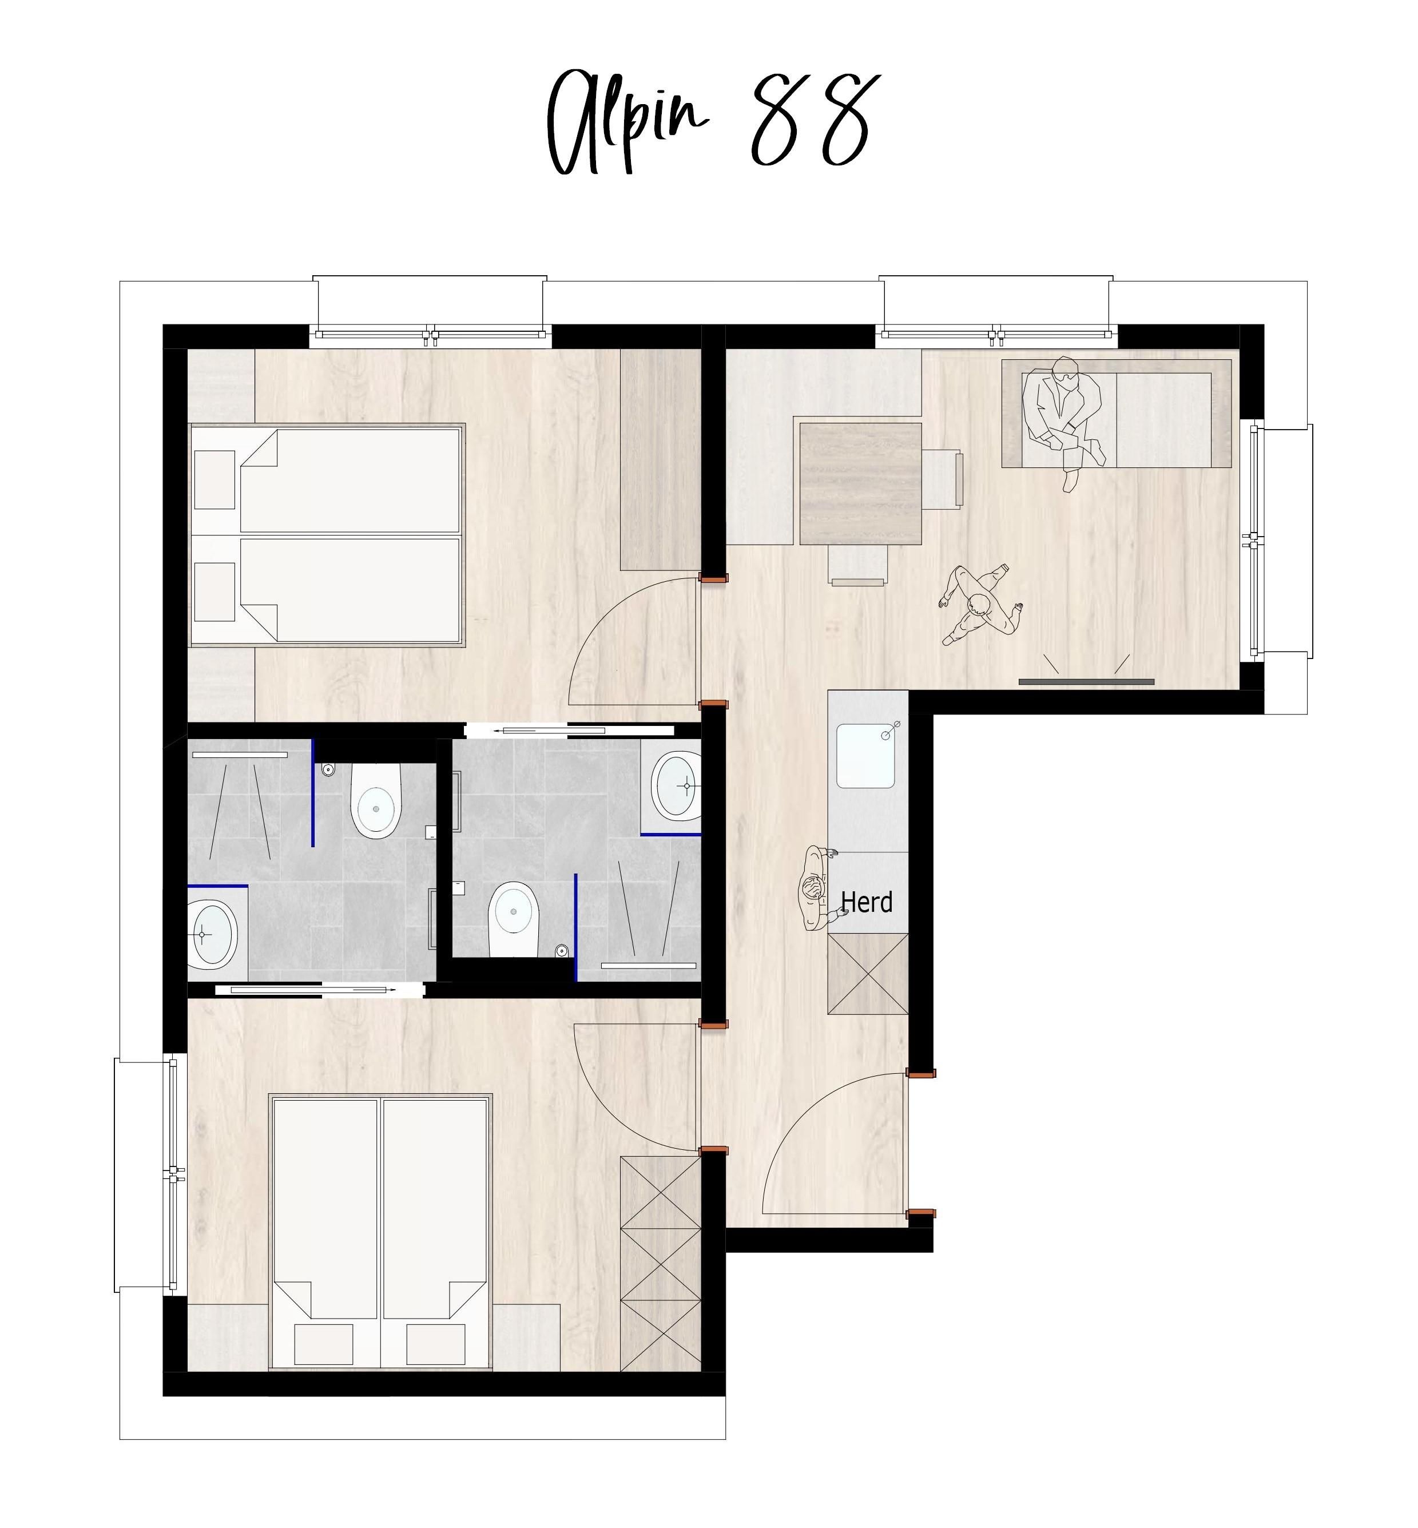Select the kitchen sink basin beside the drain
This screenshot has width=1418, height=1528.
(865, 756)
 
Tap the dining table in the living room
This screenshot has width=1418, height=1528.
(860, 483)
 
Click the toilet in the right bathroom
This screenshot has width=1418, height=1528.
(513, 919)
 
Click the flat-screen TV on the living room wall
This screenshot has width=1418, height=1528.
(1086, 681)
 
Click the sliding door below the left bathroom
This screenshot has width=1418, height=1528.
(319, 990)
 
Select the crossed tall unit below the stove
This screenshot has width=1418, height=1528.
(868, 974)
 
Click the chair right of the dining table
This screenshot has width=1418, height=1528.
(942, 479)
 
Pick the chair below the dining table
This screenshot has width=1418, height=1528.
(858, 565)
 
